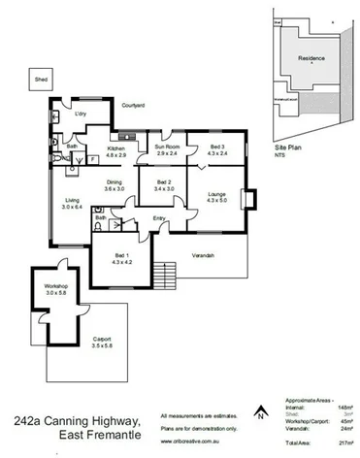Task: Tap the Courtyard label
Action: pyautogui.click(x=134, y=104)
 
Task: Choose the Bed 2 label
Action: pyautogui.click(x=163, y=184)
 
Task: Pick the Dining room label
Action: pyautogui.click(x=115, y=184)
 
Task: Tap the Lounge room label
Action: pyautogui.click(x=216, y=200)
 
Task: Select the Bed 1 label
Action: pyautogui.click(x=121, y=257)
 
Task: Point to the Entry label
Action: pyautogui.click(x=159, y=219)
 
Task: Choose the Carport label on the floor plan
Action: pyautogui.click(x=102, y=342)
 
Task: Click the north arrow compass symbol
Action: pyautogui.click(x=259, y=410)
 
